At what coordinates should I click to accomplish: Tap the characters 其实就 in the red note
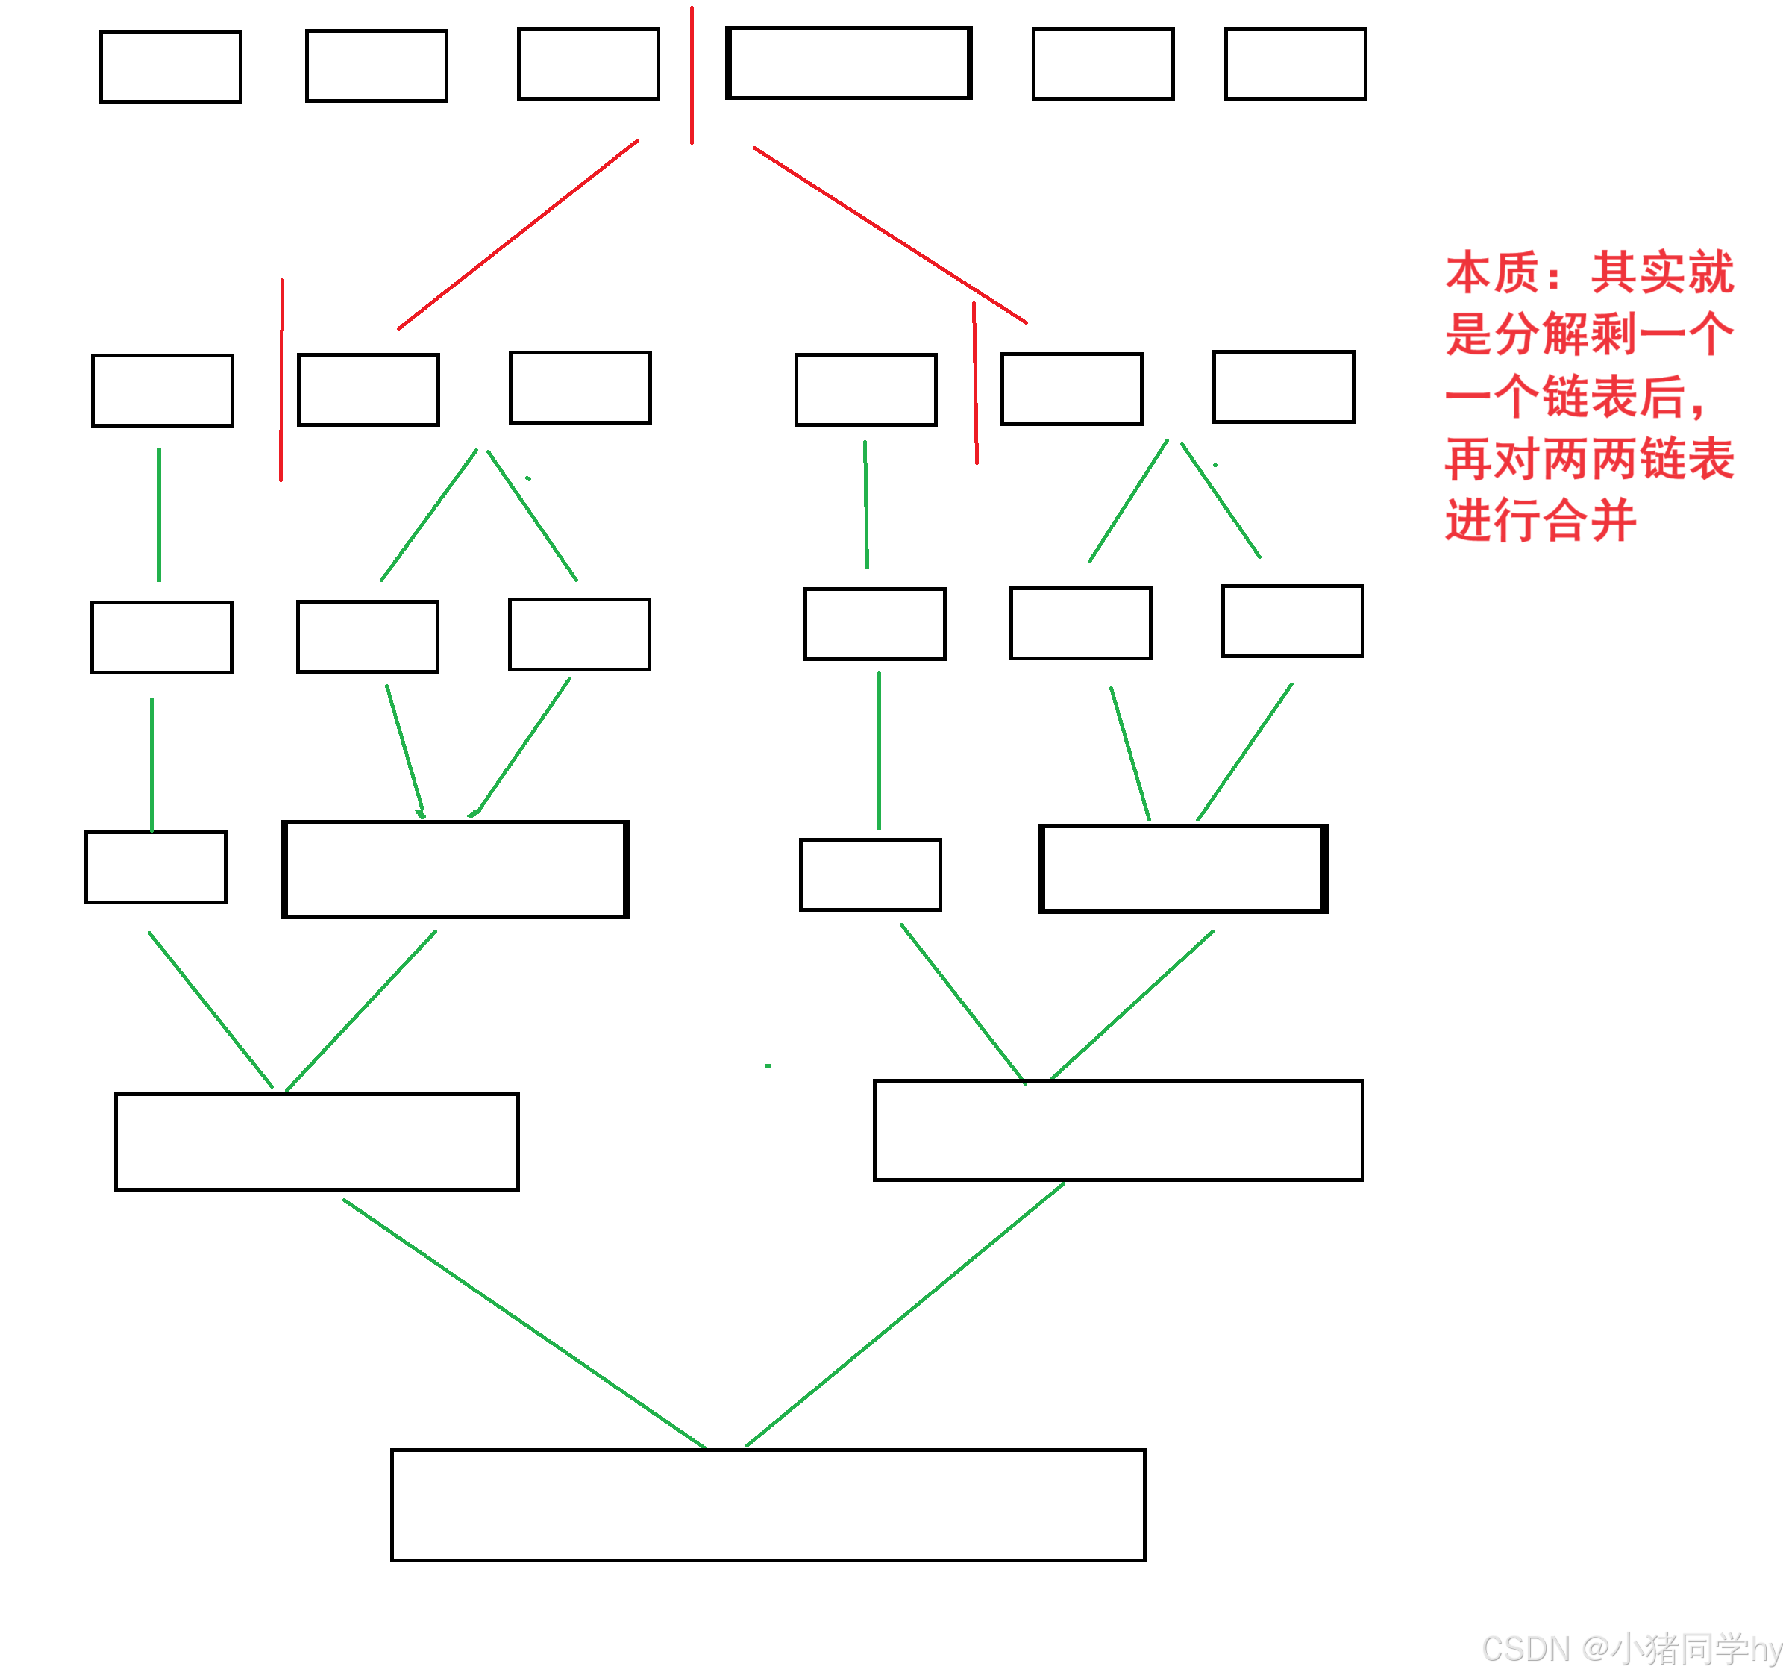coord(1662,273)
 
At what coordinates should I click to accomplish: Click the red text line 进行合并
coord(1540,521)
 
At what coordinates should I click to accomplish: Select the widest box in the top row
coord(849,63)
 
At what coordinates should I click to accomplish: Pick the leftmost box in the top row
coord(171,67)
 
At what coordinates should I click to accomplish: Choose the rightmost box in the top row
coord(1295,63)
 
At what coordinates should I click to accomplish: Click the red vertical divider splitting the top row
coord(692,76)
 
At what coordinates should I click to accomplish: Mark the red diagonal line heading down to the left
coord(518,234)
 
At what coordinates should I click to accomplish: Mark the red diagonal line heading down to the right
coord(889,234)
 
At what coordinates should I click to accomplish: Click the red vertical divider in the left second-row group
coord(281,380)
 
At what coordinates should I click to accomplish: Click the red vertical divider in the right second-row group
coord(976,384)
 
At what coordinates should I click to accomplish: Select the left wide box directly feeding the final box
coord(317,1142)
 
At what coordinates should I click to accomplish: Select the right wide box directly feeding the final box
coord(1118,1130)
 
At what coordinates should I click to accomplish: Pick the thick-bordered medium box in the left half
coord(456,869)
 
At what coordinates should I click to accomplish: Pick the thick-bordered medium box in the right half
coord(1183,868)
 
